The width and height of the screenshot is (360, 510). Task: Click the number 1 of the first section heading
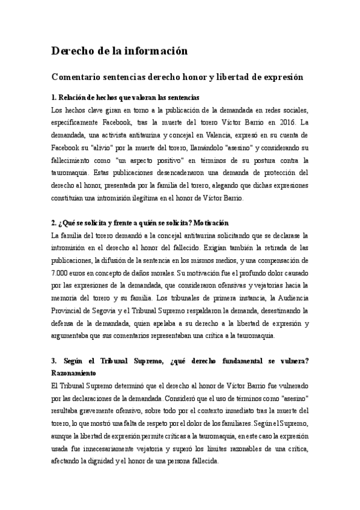tap(53, 97)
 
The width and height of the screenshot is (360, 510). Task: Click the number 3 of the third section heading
tap(54, 361)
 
